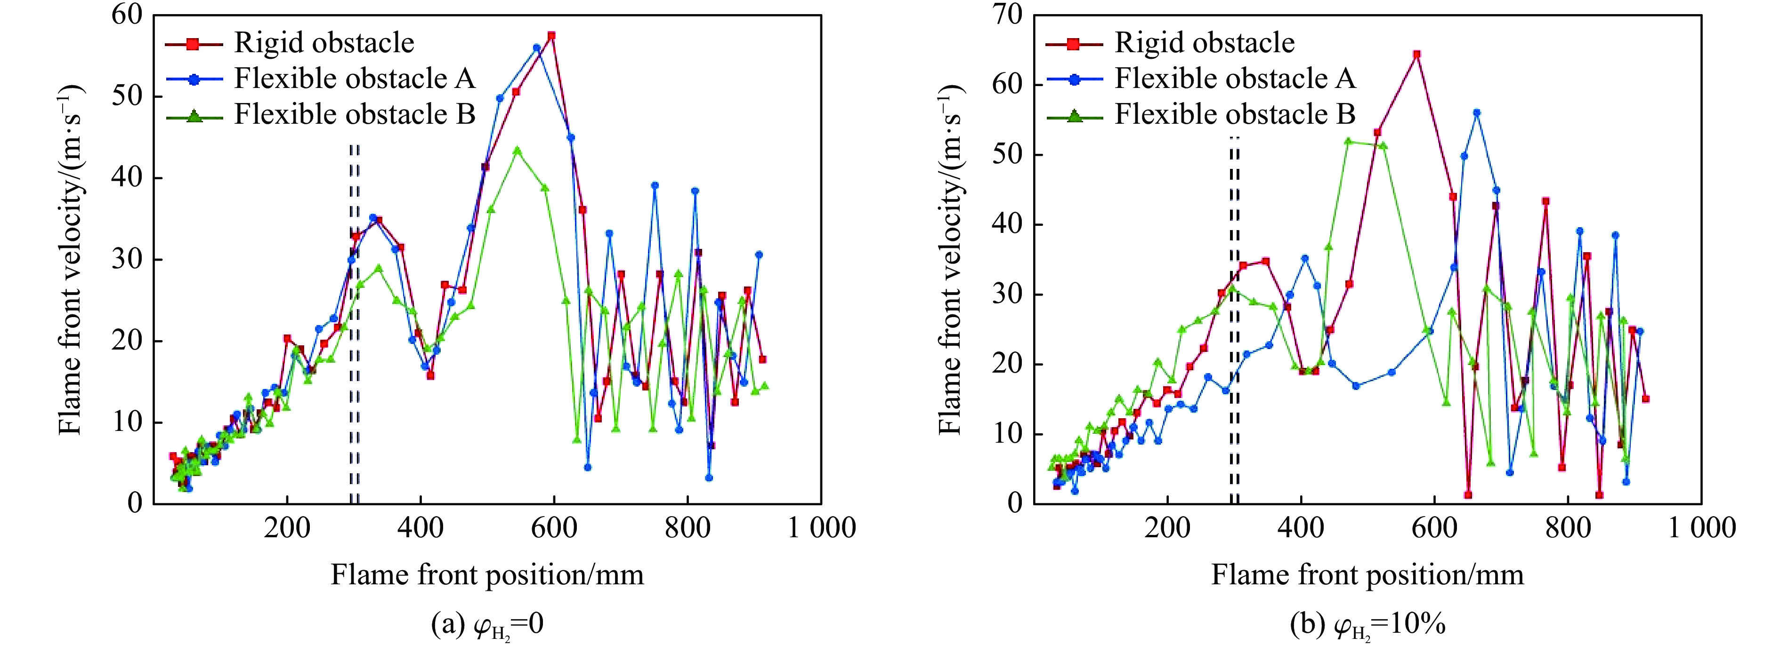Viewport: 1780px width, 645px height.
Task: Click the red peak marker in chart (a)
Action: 551,35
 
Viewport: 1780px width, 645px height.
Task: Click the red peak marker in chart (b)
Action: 1416,54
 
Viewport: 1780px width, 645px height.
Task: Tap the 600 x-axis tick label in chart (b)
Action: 1434,529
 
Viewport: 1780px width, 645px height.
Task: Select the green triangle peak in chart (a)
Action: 517,151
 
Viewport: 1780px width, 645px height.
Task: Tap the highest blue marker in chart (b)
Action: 1477,112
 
